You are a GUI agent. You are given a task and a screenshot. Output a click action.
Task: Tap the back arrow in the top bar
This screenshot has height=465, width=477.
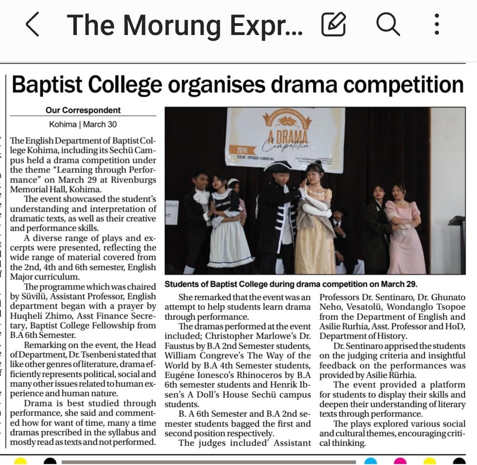click(x=32, y=25)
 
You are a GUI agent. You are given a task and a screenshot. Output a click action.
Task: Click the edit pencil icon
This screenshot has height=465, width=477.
click(x=333, y=25)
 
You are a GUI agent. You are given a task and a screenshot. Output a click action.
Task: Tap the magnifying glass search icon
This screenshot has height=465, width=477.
click(x=387, y=24)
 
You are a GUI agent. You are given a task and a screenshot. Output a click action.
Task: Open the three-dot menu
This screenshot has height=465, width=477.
click(x=437, y=25)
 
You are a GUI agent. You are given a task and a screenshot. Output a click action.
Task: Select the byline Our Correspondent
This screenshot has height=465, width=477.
click(x=83, y=110)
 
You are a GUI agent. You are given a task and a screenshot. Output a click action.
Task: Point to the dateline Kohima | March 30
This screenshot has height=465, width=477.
click(x=83, y=124)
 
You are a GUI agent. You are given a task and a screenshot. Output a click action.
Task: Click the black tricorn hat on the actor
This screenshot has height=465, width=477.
click(x=277, y=166)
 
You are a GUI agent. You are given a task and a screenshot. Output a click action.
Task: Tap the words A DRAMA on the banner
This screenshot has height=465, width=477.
click(x=285, y=136)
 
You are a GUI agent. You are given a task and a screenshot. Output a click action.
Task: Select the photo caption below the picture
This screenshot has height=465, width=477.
click(x=291, y=284)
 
